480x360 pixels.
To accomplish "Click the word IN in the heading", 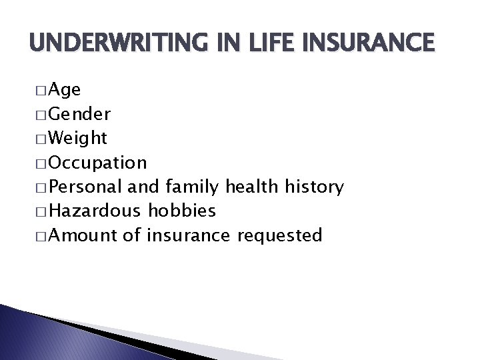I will tap(227, 43).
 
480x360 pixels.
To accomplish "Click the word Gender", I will tap(80, 115).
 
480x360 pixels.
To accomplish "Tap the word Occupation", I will tap(98, 163).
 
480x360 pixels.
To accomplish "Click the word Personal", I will tap(90, 187).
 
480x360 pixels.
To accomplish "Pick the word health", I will tap(253, 187).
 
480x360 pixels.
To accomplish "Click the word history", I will tap(315, 187).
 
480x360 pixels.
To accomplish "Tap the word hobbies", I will tap(182, 211).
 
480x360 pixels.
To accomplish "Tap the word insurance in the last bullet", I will tap(188, 235).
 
